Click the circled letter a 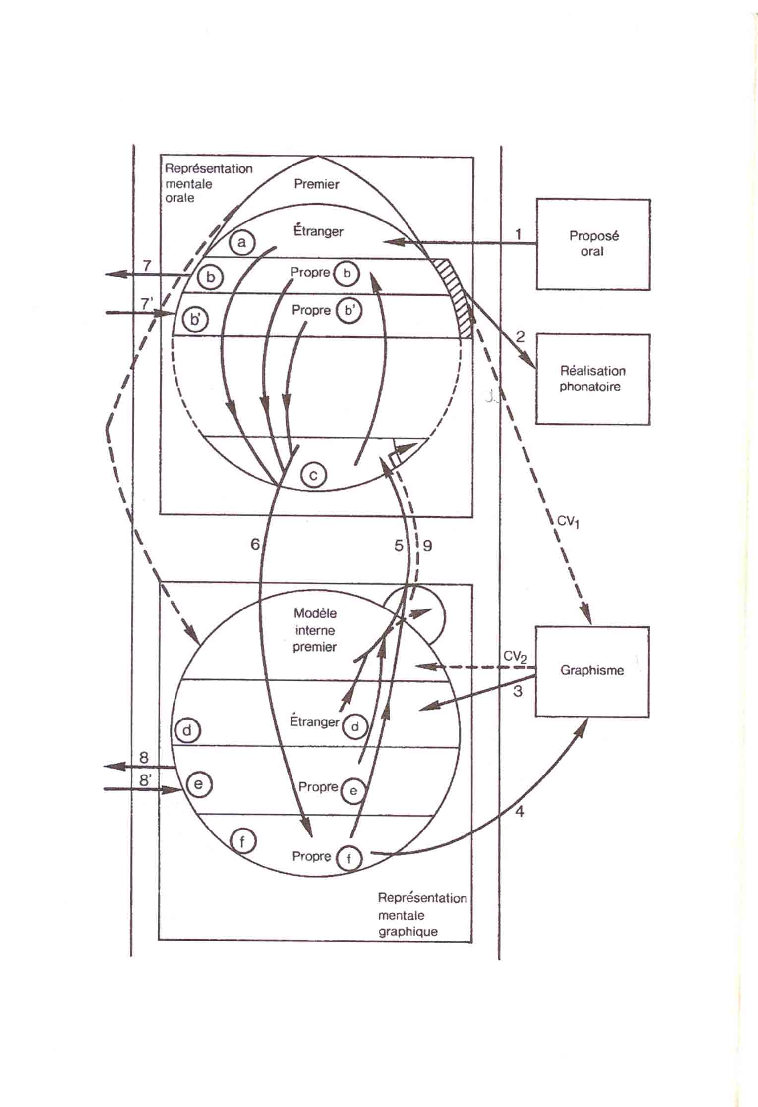242,242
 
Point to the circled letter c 314,475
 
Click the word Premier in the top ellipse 316,184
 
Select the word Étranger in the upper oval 318,230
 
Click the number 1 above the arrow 519,234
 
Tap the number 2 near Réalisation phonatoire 520,337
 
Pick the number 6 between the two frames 255,544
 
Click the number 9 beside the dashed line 427,546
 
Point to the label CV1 568,522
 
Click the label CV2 516,657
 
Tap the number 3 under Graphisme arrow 518,691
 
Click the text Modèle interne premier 315,630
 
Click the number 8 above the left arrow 144,757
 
